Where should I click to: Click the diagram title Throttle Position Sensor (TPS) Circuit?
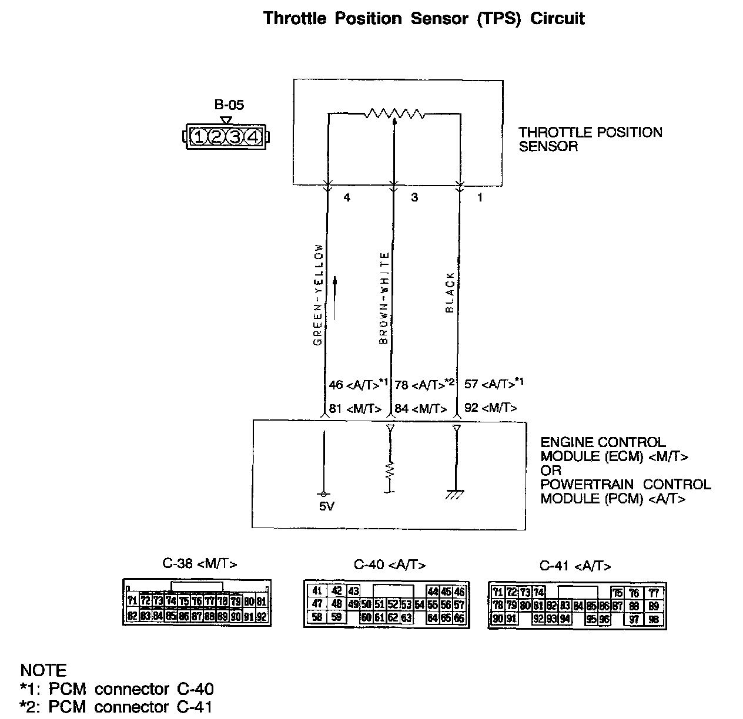[x=424, y=19]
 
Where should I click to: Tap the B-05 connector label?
[x=229, y=105]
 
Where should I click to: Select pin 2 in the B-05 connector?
[x=217, y=137]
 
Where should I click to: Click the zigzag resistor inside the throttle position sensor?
[x=394, y=113]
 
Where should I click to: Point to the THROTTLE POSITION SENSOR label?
[x=590, y=139]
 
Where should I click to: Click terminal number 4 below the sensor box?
[x=347, y=198]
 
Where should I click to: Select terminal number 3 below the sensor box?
[x=414, y=198]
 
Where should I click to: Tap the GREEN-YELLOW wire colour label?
[x=318, y=294]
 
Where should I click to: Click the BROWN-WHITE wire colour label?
[x=384, y=298]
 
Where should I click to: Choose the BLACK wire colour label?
[x=450, y=292]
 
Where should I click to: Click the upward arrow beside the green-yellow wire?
[x=336, y=298]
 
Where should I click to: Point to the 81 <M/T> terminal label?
[x=355, y=408]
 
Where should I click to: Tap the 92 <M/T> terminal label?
[x=490, y=407]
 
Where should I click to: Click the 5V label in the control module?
[x=327, y=506]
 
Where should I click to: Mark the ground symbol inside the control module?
[x=456, y=494]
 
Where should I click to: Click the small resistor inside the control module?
[x=390, y=469]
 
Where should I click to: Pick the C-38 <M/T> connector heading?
[x=200, y=564]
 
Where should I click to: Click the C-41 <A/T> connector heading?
[x=575, y=566]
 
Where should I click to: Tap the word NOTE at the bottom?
[x=43, y=670]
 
